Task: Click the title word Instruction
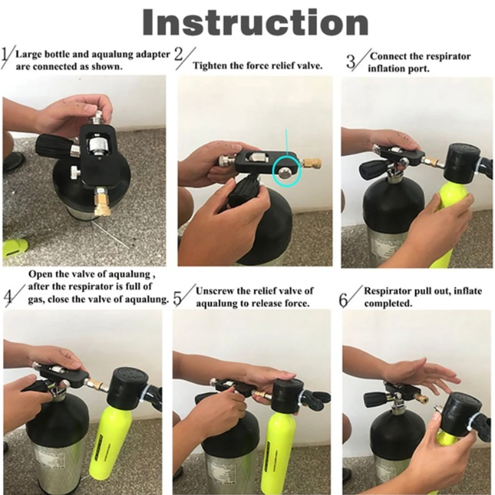coord(255,22)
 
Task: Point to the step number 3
coord(351,61)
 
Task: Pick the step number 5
coord(177,298)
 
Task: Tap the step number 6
coord(343,300)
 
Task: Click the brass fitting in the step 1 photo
coord(101,203)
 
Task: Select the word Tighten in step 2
coord(208,66)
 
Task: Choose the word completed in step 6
coord(388,304)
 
